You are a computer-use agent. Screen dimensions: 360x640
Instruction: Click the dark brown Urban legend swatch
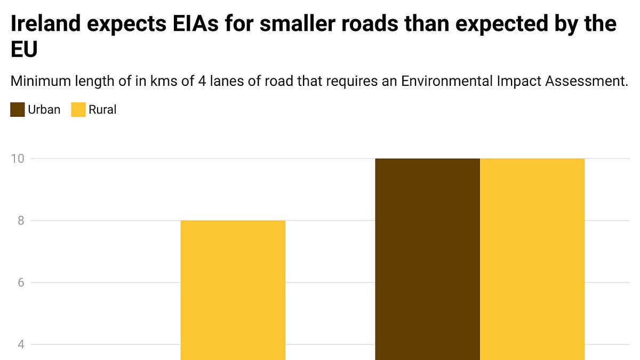[18, 110]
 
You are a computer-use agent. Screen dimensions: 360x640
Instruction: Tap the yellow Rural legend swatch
[78, 110]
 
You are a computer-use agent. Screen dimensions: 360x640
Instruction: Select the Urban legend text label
[44, 110]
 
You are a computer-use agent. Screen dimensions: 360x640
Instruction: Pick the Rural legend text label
[102, 110]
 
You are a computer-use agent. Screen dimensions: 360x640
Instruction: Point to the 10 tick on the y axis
[18, 158]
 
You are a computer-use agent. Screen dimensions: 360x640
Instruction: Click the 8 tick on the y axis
[20, 220]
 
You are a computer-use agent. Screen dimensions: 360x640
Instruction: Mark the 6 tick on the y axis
[20, 282]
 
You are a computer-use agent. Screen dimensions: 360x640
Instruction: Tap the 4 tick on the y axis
[20, 344]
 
